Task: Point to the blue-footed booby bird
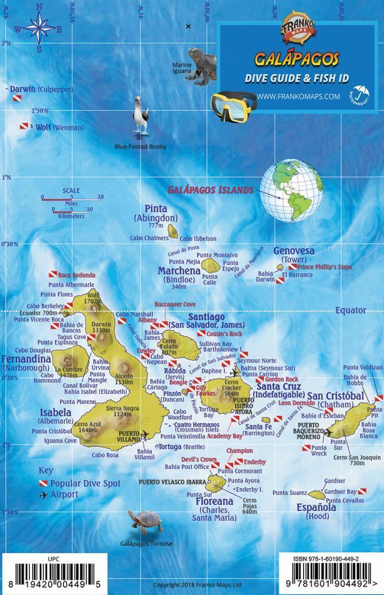[141, 116]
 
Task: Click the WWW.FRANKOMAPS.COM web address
[298, 96]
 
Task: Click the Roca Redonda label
[76, 275]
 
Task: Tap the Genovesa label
[294, 250]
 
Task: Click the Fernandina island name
[26, 359]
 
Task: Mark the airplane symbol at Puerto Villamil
[145, 435]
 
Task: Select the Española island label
[317, 506]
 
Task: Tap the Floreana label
[215, 500]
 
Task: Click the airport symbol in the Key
[43, 495]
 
